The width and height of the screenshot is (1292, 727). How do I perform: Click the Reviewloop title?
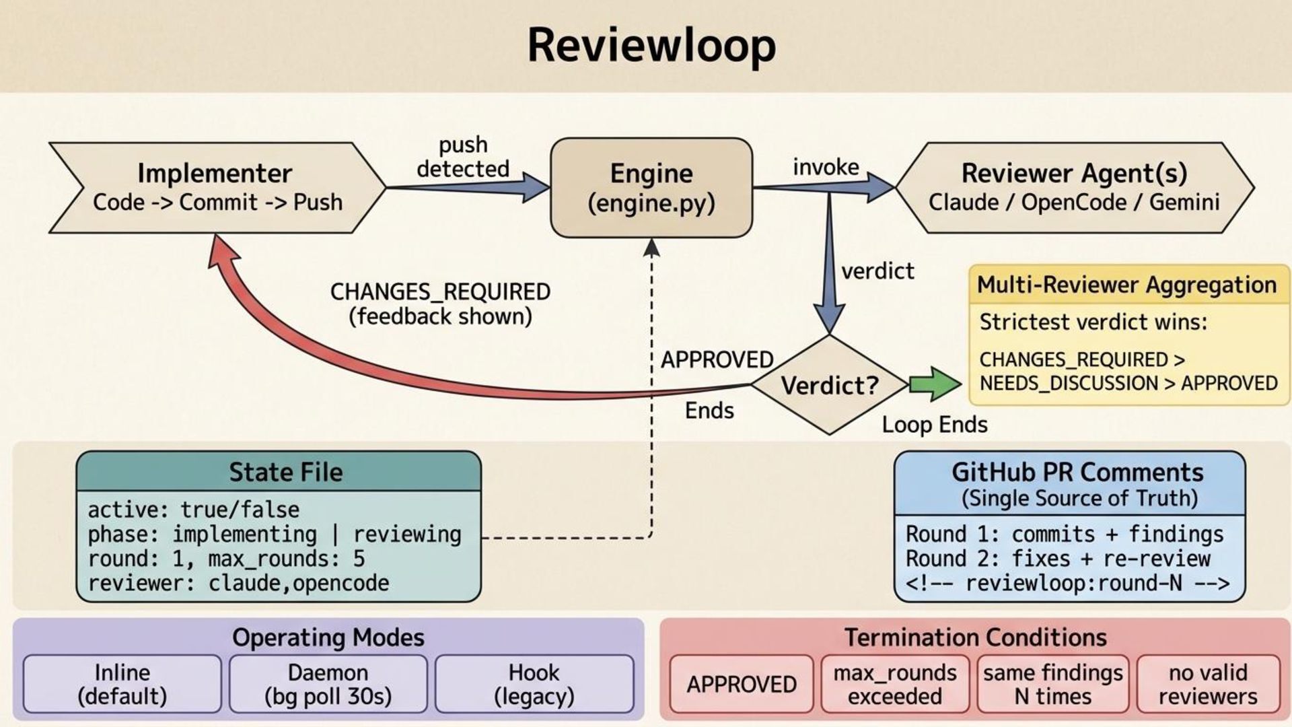(x=651, y=46)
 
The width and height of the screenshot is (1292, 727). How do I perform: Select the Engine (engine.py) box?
(x=651, y=188)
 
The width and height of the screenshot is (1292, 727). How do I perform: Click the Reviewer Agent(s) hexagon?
(x=1074, y=188)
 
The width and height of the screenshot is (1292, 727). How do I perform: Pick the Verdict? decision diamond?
(x=829, y=385)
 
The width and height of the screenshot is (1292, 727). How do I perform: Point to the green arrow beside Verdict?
(x=934, y=384)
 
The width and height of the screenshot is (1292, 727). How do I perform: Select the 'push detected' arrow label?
(x=463, y=157)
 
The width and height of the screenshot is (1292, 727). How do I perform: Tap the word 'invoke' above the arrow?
(x=826, y=167)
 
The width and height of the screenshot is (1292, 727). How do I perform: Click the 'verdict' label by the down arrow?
(x=877, y=271)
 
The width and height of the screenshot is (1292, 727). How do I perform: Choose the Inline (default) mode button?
(x=122, y=684)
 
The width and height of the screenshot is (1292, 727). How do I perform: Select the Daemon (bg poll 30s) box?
(x=328, y=684)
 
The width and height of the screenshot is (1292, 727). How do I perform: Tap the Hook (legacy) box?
(x=534, y=684)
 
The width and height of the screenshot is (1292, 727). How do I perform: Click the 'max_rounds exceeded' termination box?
(x=894, y=684)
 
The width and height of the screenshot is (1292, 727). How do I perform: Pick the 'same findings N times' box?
(x=1052, y=684)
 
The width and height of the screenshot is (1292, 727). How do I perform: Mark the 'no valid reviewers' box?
(x=1208, y=684)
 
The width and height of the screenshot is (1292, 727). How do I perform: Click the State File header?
(x=285, y=472)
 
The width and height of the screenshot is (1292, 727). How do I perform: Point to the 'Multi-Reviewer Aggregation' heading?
(x=1126, y=285)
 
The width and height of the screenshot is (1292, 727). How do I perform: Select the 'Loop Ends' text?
(x=935, y=425)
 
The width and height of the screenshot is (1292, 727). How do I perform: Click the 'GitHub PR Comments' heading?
(x=1077, y=473)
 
